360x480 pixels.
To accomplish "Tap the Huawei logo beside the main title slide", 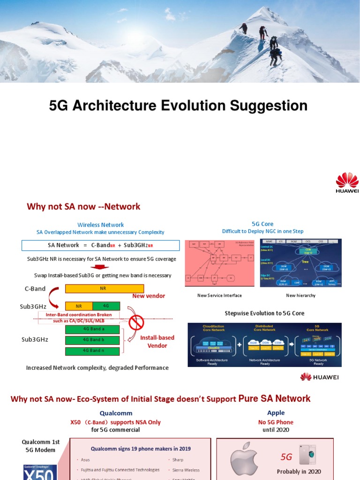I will point(347,183).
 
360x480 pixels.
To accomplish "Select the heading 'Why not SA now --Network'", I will point(83,206).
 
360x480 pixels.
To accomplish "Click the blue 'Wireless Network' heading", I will point(100,225).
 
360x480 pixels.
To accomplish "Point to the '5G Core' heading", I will point(262,224).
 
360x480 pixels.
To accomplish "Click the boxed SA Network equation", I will point(100,245).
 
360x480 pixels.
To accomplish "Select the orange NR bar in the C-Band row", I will point(105,289).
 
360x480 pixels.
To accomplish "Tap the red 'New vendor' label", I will point(149,296).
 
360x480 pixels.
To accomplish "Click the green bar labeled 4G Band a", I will point(92,329).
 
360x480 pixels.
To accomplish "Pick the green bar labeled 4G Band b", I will point(92,340).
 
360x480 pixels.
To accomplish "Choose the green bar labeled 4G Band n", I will point(92,351).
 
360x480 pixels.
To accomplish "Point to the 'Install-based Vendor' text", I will point(157,341).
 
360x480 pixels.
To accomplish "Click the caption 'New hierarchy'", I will point(300,295).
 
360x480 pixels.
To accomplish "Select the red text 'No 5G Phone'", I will point(276,422).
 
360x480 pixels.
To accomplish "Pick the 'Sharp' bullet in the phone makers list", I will point(178,460).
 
